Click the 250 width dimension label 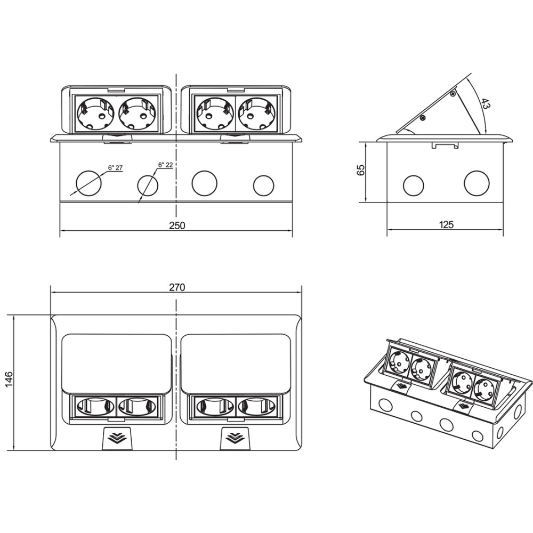click(x=177, y=225)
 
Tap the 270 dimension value click(x=177, y=287)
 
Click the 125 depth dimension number click(x=447, y=225)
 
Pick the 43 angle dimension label click(x=484, y=104)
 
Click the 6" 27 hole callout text click(x=116, y=168)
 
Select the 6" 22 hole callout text click(x=165, y=165)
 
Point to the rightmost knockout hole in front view click(x=263, y=185)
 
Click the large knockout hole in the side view click(x=477, y=183)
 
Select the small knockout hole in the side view click(x=413, y=185)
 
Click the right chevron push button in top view click(x=236, y=438)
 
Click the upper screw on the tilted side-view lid click(x=453, y=94)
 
